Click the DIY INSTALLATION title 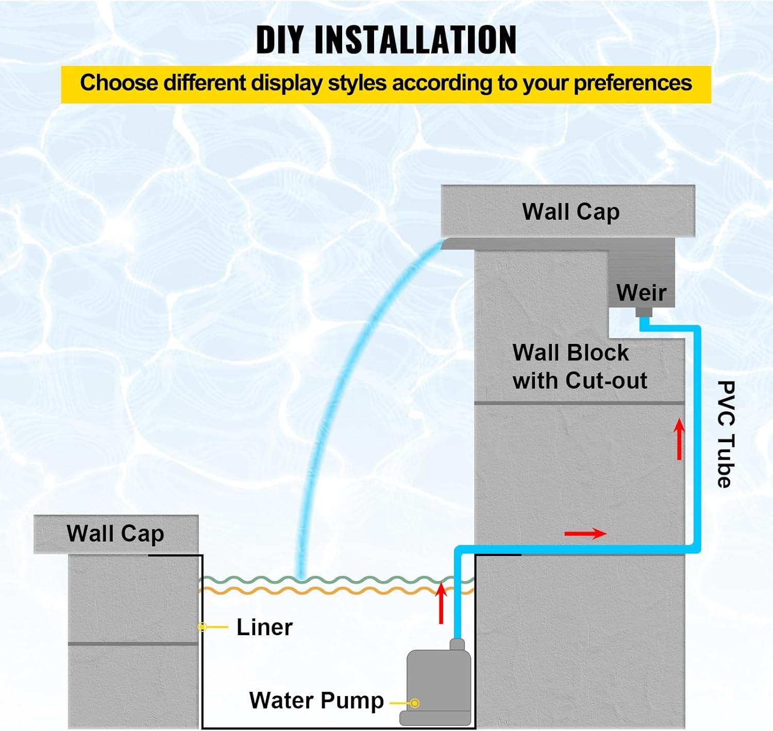tap(386, 40)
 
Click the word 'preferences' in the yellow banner tap(633, 83)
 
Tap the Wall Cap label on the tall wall tap(570, 212)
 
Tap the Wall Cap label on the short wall tap(115, 534)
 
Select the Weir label tap(641, 292)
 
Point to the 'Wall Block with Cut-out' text tap(579, 367)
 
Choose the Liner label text tap(264, 627)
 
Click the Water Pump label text tap(316, 701)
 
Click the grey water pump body tap(439, 680)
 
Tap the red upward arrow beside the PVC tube tap(680, 439)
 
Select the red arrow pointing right tap(585, 533)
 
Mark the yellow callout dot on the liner tap(203, 627)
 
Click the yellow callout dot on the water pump tap(415, 703)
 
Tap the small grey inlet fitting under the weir tap(644, 312)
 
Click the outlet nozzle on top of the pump tap(457, 644)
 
